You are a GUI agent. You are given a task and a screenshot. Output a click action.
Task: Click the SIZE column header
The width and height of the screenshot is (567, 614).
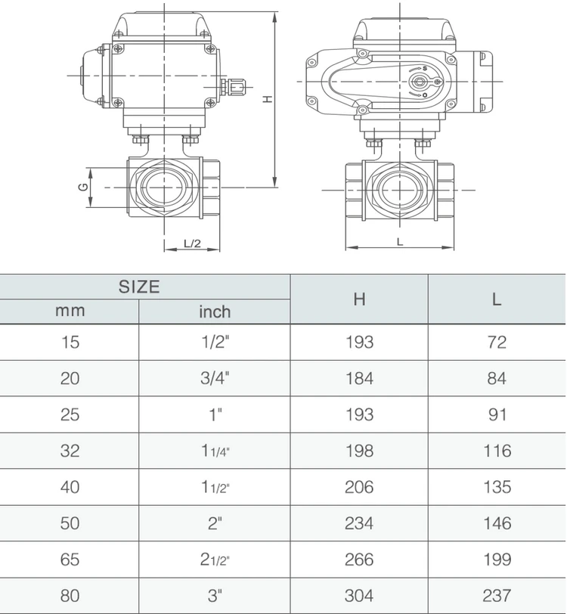click(x=139, y=287)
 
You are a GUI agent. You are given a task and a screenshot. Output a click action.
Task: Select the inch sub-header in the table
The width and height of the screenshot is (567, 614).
click(x=215, y=312)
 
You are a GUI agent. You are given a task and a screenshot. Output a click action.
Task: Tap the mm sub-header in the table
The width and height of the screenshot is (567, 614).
click(x=70, y=311)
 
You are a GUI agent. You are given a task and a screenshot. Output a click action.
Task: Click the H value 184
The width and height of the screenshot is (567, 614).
click(x=359, y=379)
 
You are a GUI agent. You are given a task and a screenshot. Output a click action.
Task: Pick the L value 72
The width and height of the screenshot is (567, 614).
click(x=497, y=343)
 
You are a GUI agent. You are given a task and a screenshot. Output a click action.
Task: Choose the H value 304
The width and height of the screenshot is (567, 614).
click(x=359, y=596)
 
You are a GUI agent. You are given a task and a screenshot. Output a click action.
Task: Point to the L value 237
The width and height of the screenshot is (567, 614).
click(x=497, y=596)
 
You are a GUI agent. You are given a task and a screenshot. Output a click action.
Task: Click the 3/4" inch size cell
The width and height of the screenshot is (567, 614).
click(x=215, y=379)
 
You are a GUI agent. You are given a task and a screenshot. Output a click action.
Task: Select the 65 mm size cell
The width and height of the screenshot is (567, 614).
click(x=70, y=560)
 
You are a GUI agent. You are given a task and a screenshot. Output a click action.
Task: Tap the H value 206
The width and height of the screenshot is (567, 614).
click(x=359, y=487)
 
